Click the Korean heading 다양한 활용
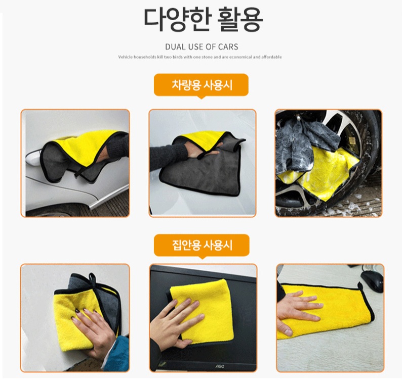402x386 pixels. [204, 19]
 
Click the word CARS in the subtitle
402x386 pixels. [228, 47]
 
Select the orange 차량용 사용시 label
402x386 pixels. [202, 85]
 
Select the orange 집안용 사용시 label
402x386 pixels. [202, 245]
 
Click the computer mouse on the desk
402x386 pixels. [372, 279]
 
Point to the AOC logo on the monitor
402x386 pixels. [219, 367]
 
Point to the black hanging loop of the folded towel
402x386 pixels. [93, 279]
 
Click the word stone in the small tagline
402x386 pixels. [207, 57]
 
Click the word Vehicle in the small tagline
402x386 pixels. [126, 57]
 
